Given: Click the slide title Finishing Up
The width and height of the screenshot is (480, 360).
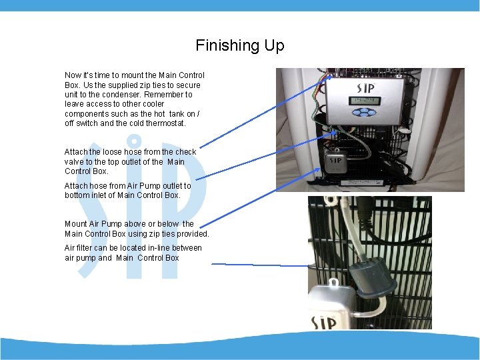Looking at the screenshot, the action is tap(240, 45).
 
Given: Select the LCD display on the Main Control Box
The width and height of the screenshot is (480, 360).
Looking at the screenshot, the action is tap(365, 101).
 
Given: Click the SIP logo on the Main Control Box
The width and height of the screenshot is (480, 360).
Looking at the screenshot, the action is tap(365, 88).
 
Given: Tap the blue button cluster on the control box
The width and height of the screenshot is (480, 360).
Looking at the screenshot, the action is tap(364, 113).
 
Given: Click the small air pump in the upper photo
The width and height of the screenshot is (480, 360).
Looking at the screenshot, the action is tap(336, 161).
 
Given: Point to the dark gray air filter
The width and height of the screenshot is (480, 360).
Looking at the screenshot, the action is tap(372, 279).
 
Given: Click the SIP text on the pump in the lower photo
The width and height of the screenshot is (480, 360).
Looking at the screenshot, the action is tap(323, 323).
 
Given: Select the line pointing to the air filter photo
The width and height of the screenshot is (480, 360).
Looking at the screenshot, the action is tap(260, 265).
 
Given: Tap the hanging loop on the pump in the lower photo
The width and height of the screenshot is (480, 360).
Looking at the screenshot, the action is tap(334, 283).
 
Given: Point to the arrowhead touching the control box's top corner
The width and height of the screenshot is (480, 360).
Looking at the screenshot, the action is tap(329, 78).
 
